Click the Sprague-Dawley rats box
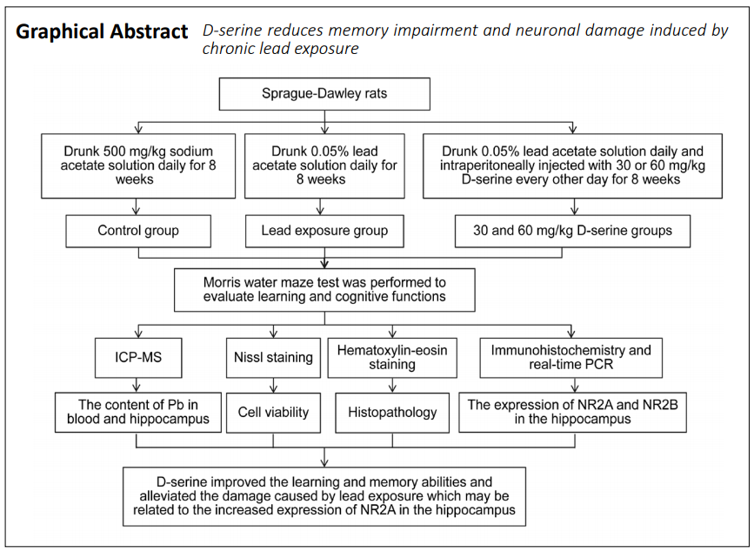324,94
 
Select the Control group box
138,231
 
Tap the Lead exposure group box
324,231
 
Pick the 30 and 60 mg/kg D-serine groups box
573,231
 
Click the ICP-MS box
138,358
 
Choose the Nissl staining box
273,358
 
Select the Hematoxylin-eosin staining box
392,358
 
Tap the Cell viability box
273,413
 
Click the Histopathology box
392,413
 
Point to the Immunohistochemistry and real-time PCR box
571,358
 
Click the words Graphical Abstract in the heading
102,31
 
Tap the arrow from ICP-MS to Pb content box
137,385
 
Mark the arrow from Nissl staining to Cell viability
274,386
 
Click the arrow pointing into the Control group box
136,206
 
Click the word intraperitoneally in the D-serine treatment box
494,165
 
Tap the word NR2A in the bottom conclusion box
378,510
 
